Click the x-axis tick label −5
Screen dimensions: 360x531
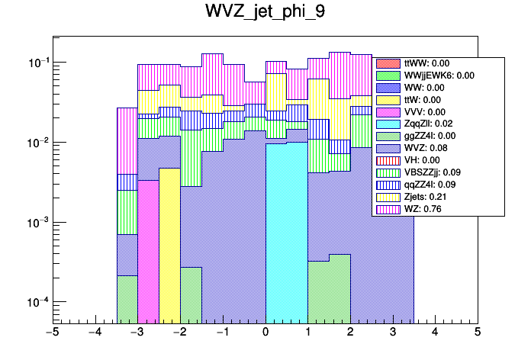[52, 333]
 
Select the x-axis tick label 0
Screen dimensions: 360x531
[265, 333]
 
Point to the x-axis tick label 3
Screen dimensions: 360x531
[392, 333]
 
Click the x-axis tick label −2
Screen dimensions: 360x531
[179, 333]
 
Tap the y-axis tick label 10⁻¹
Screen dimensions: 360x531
[34, 63]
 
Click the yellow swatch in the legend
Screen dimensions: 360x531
[388, 195]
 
